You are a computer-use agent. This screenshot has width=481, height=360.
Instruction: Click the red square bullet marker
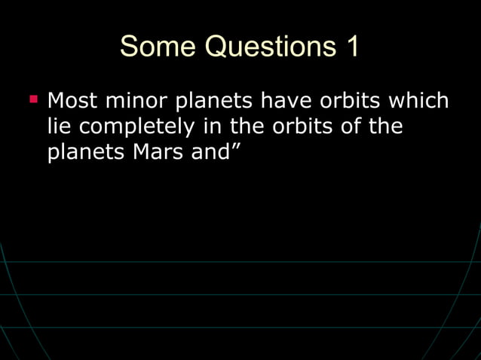(x=33, y=99)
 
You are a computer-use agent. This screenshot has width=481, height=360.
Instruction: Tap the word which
(x=419, y=100)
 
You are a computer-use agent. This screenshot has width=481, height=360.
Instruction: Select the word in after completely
(x=213, y=126)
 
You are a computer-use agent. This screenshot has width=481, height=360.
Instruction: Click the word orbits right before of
(x=300, y=126)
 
